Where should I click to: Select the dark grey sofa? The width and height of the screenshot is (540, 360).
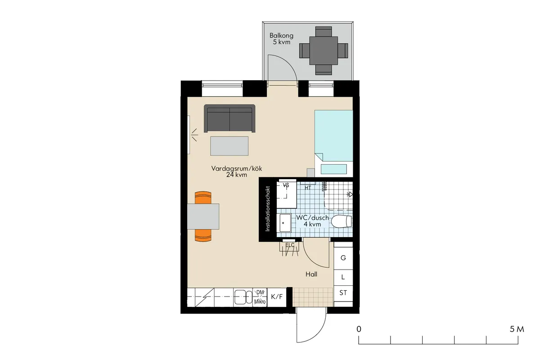229,119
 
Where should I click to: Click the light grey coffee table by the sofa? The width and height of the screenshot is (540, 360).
229,146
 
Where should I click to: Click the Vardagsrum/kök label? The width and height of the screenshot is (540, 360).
237,172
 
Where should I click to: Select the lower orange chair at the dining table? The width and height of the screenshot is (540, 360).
203,235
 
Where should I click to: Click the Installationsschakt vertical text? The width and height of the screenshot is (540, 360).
267,209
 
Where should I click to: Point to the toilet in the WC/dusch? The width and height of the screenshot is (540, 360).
341,221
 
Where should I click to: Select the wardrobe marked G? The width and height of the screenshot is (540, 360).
343,258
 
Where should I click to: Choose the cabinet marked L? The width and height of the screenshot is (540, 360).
343,277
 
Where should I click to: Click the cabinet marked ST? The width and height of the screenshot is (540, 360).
343,293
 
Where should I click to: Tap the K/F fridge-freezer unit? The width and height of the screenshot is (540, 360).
277,297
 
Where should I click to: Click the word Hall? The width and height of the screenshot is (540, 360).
311,274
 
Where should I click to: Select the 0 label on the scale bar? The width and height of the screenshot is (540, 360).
359,329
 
